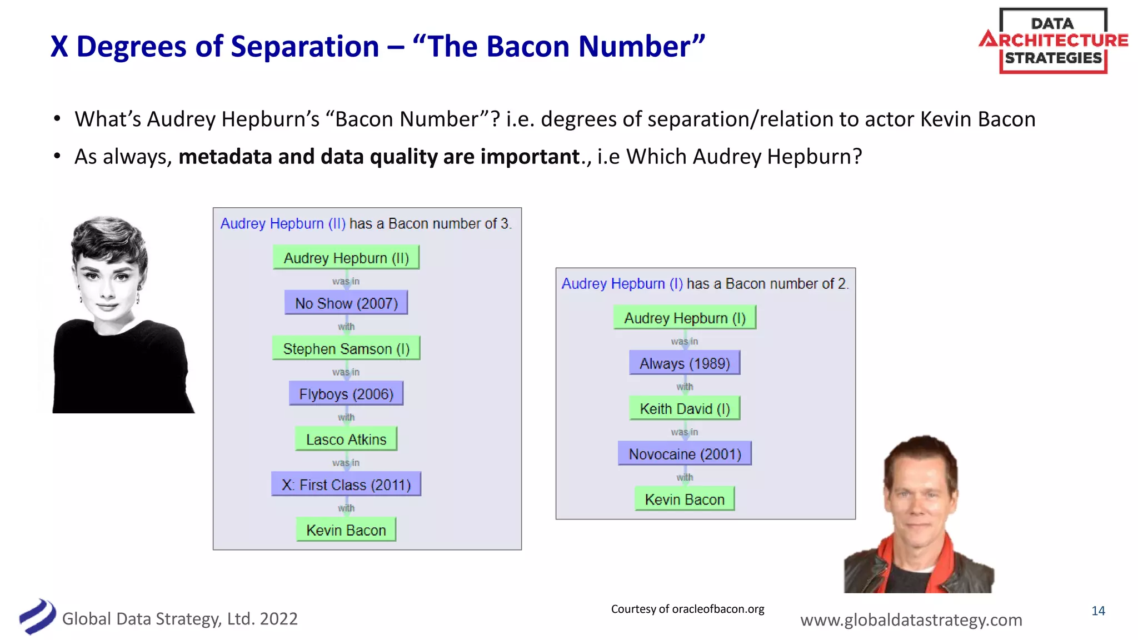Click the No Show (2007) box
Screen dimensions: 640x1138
tap(346, 303)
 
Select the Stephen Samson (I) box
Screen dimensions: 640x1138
tap(346, 349)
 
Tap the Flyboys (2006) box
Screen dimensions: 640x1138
tap(346, 394)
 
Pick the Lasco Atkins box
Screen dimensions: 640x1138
tap(346, 439)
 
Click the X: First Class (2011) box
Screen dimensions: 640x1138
tap(346, 485)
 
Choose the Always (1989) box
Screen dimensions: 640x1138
tap(685, 363)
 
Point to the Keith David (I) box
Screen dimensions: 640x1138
tap(685, 409)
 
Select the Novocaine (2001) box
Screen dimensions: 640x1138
tap(685, 454)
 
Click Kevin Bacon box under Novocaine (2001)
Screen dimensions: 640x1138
tap(685, 499)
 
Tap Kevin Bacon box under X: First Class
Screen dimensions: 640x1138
tap(346, 530)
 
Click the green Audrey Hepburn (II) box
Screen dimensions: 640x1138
tap(346, 258)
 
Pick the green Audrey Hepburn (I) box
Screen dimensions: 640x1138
tap(685, 318)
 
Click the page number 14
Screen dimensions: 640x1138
tap(1098, 611)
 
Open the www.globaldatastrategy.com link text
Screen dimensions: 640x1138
tap(911, 619)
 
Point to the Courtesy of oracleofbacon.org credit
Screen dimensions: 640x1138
tap(687, 609)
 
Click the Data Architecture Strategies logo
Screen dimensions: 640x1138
tap(1053, 41)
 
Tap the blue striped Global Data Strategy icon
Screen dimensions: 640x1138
tap(37, 617)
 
